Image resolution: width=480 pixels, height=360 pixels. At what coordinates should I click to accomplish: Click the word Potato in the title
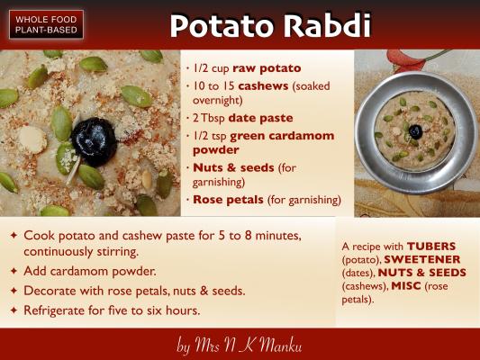(221, 26)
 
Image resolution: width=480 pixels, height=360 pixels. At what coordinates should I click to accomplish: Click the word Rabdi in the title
(327, 25)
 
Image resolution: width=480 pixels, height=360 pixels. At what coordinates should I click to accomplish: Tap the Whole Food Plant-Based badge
(46, 24)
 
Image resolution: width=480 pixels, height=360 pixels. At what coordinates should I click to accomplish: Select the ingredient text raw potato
(267, 68)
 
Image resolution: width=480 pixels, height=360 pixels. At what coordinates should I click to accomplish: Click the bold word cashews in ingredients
(263, 85)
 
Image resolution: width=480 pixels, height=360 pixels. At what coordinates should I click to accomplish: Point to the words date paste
(260, 118)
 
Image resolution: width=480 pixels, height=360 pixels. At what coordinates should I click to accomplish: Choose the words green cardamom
(282, 136)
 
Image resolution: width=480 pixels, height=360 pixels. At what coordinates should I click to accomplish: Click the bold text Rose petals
(228, 200)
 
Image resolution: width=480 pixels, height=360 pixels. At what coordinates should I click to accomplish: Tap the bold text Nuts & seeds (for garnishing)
(244, 175)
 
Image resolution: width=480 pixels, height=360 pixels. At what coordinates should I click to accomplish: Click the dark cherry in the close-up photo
(95, 142)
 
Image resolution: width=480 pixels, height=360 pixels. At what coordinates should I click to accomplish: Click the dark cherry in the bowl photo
(415, 131)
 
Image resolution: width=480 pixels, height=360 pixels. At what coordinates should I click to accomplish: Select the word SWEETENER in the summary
(422, 259)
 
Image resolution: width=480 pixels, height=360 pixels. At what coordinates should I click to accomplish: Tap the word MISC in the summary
(406, 286)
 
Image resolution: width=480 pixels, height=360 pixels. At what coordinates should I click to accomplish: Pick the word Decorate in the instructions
(50, 291)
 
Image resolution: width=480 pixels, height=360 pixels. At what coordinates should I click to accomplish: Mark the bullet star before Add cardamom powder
(14, 271)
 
